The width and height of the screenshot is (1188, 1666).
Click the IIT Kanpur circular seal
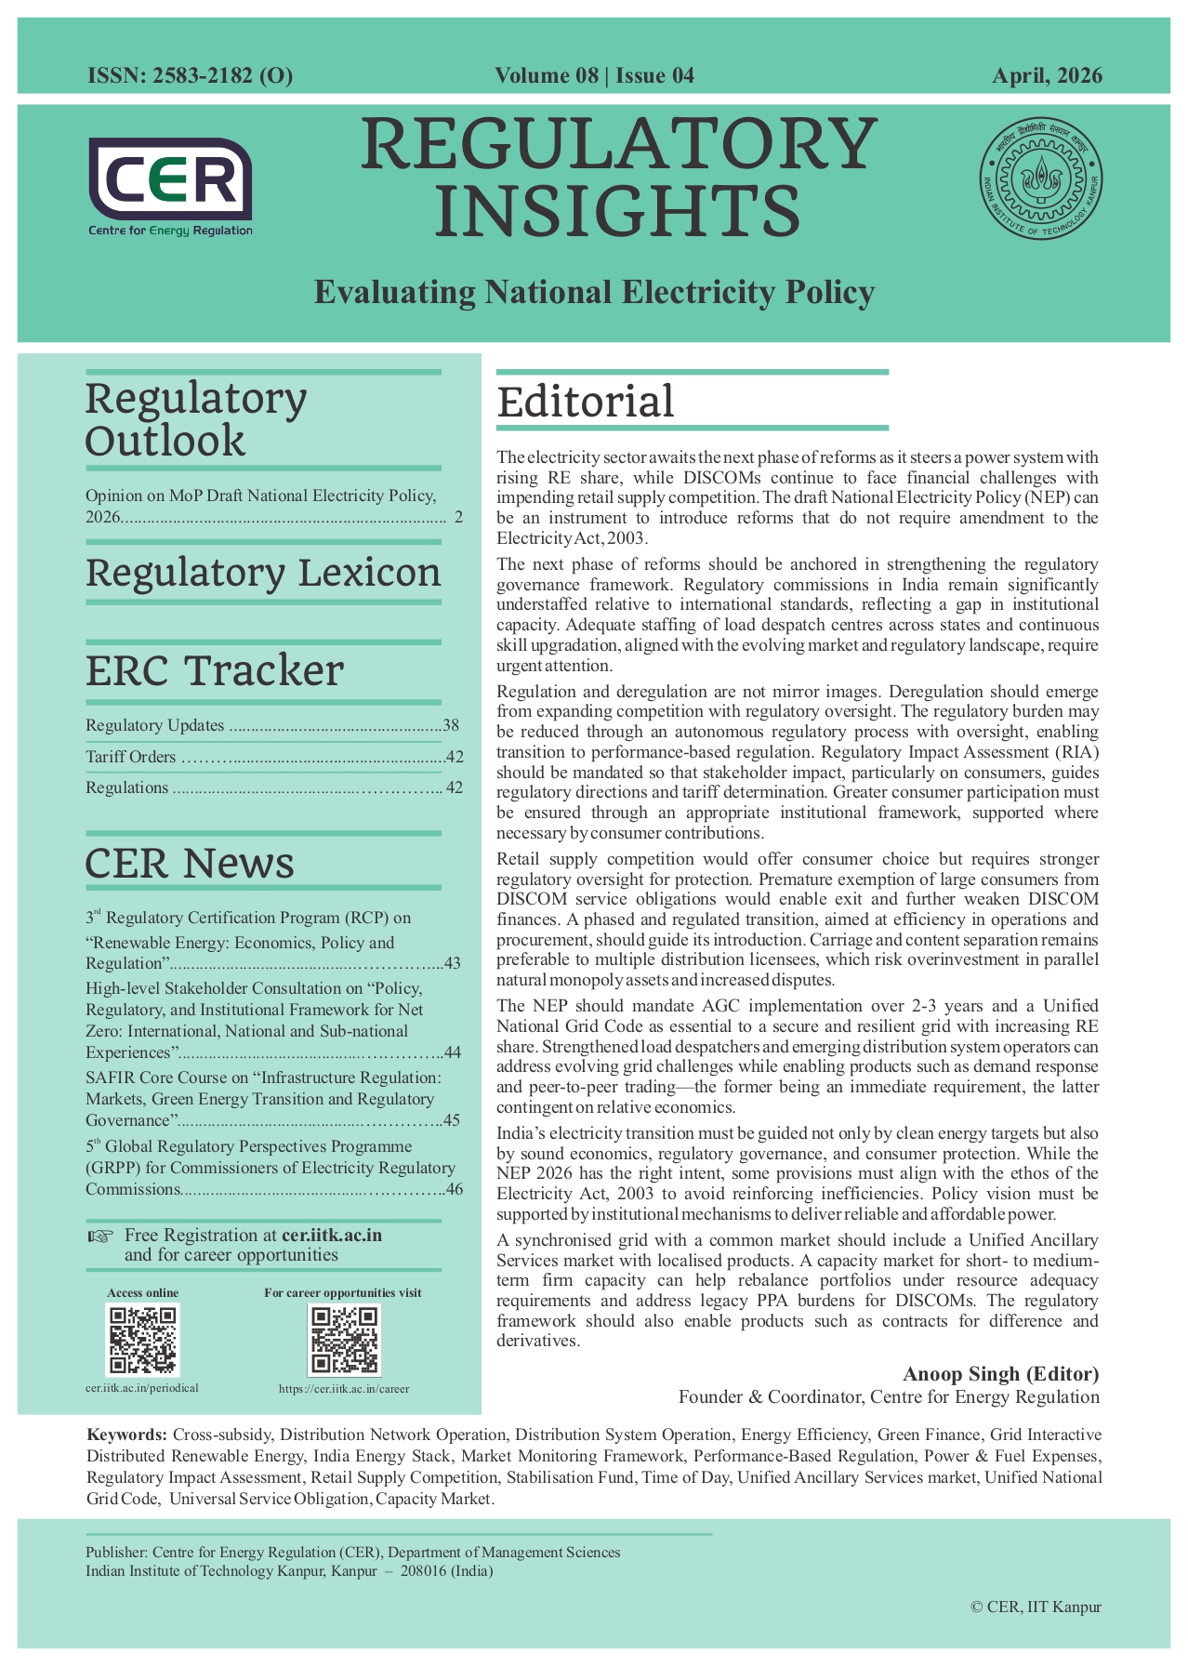click(1040, 178)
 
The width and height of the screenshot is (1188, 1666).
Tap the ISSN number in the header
click(190, 76)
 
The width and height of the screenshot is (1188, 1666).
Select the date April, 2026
click(1047, 76)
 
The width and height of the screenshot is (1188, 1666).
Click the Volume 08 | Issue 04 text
click(594, 76)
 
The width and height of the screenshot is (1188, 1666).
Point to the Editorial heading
click(586, 403)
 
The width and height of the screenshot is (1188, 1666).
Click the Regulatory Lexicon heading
click(263, 573)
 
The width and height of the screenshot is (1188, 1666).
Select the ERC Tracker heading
click(215, 670)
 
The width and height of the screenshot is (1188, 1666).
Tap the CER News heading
click(190, 863)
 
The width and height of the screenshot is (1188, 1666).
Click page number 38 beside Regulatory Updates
click(452, 726)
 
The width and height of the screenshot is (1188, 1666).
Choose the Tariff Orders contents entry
click(131, 757)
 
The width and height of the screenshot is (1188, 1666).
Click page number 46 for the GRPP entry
click(454, 1189)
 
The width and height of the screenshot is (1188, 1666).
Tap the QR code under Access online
click(142, 1340)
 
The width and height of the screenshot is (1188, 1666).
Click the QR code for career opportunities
click(344, 1340)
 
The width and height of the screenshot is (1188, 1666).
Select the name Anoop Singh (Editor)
click(1000, 1374)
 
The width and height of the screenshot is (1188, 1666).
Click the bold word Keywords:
click(127, 1435)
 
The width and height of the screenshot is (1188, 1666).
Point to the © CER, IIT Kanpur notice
click(1035, 1606)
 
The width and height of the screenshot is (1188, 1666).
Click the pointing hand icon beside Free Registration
click(99, 1236)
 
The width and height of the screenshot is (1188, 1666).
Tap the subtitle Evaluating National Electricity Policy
click(594, 292)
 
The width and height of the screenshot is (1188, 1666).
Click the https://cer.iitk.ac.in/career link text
click(344, 1389)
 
